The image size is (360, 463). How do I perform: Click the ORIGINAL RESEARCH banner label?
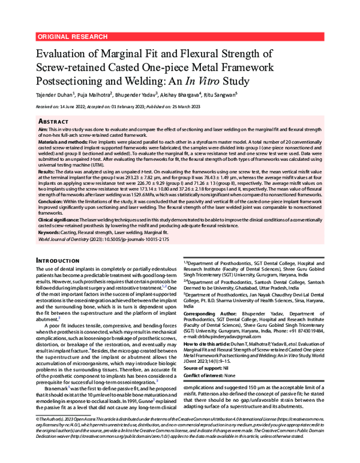(67, 37)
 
